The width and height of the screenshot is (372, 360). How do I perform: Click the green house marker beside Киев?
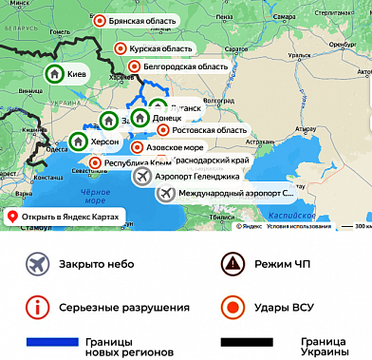55,73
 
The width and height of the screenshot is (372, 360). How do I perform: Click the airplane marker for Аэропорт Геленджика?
143,177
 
